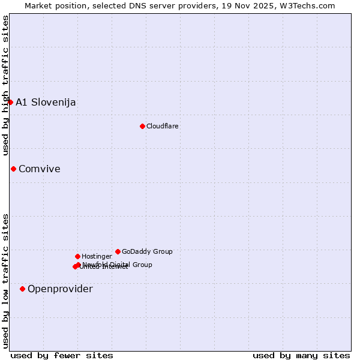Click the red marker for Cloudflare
142,126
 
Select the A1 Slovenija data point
10,102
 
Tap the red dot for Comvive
13,169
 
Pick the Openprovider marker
22,289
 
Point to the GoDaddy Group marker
118,251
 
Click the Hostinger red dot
77,256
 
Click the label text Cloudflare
163,126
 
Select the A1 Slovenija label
46,102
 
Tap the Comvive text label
40,169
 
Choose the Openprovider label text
60,289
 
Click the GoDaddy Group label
147,251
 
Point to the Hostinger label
97,256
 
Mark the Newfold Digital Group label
118,264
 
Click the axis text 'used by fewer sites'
62,355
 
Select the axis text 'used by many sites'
301,355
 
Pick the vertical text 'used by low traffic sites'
5,280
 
